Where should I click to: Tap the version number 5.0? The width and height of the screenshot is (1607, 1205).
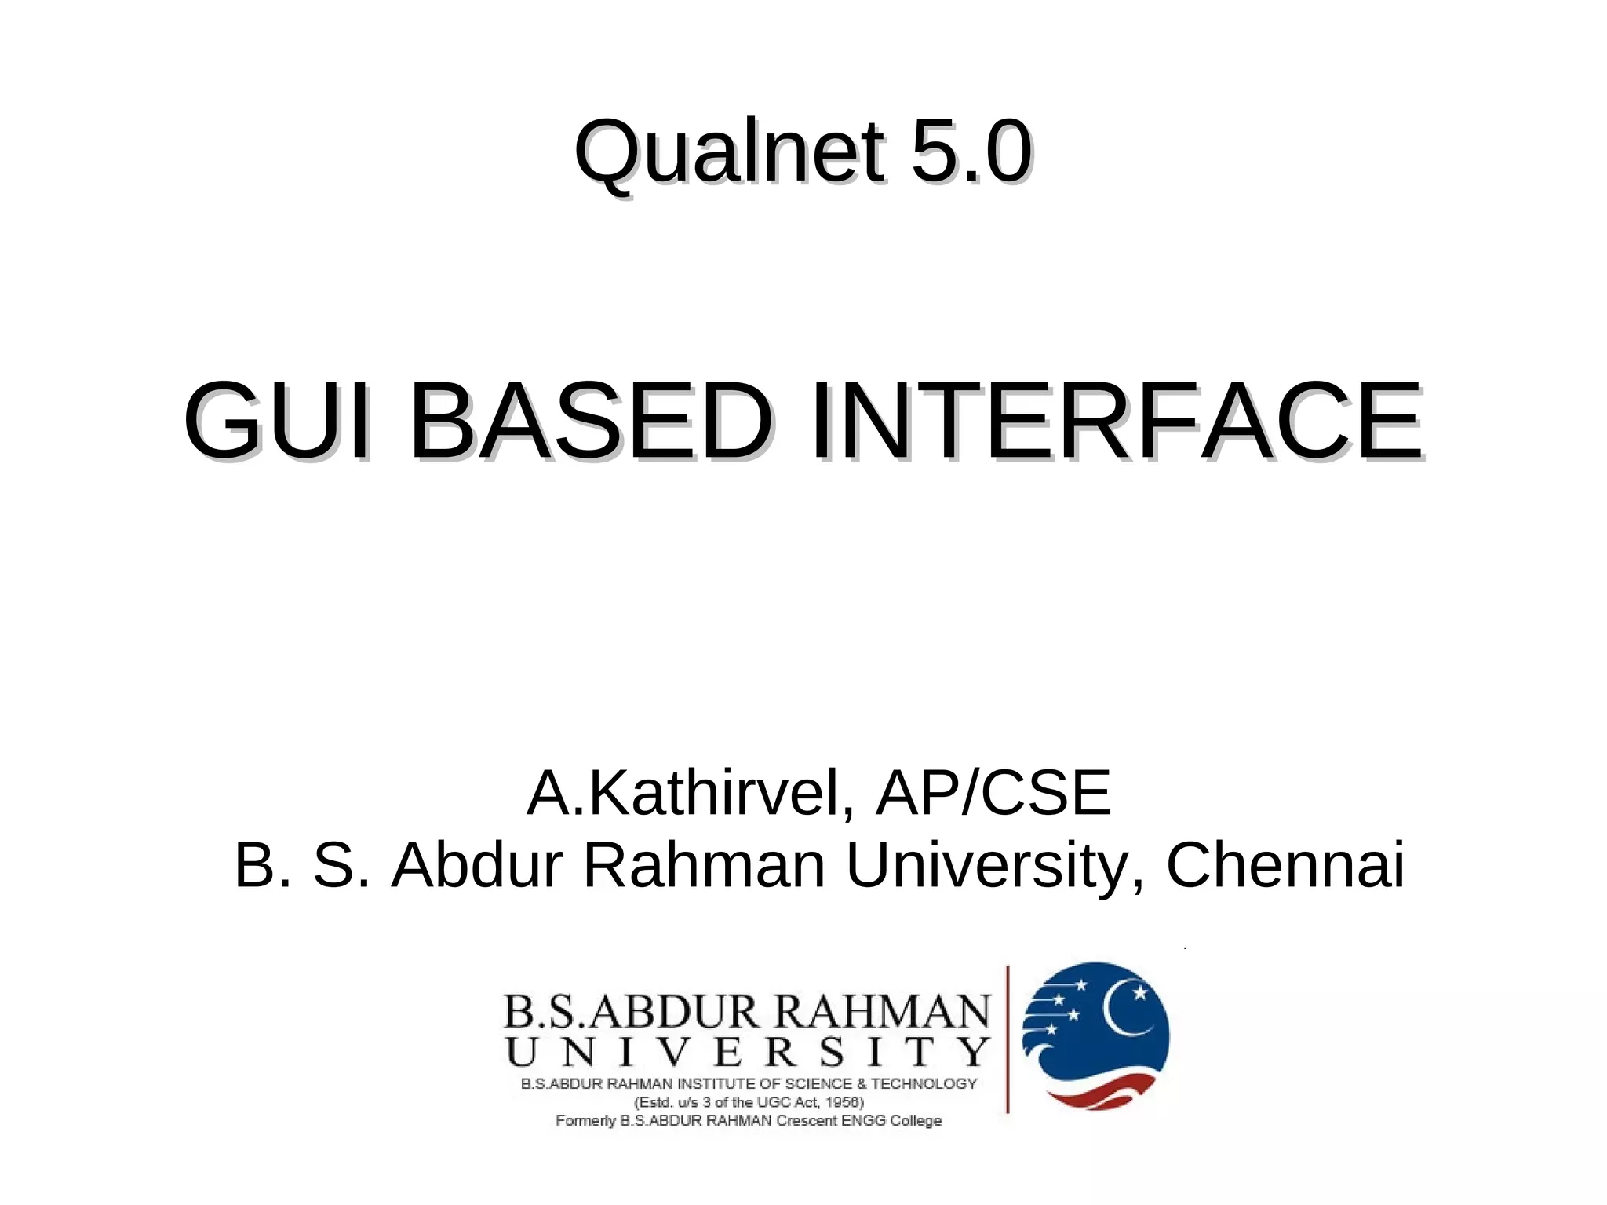(971, 151)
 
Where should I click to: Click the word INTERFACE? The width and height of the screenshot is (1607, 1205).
(1116, 421)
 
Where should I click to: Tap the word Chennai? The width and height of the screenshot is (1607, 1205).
(1285, 865)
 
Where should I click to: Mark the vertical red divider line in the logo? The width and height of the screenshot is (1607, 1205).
(1008, 1039)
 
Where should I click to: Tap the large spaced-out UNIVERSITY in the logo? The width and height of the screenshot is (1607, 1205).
(747, 1051)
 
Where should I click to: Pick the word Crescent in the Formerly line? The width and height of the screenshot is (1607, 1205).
(807, 1120)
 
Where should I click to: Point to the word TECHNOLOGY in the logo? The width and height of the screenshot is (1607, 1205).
(924, 1084)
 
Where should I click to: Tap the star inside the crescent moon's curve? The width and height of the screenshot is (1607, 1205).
(1140, 993)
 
